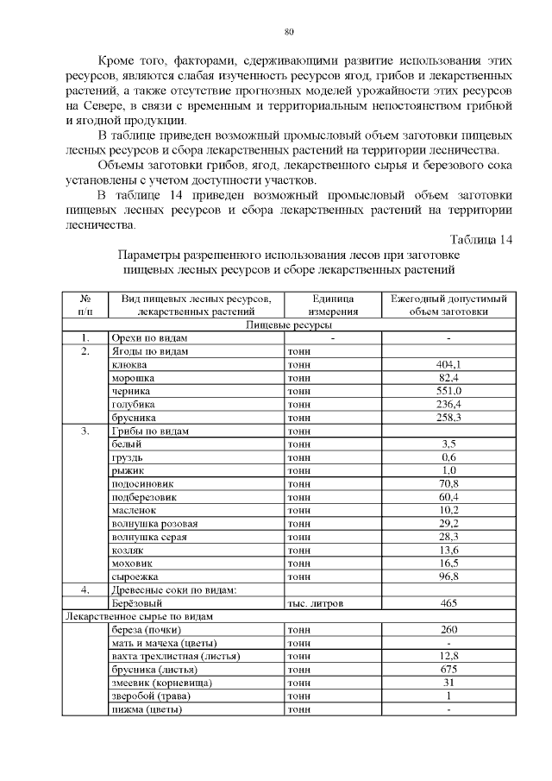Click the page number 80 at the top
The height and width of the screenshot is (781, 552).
click(289, 33)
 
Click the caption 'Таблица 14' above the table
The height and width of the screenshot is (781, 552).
click(482, 239)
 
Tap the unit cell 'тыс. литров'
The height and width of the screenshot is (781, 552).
click(315, 603)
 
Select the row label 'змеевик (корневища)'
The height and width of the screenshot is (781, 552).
click(162, 683)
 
